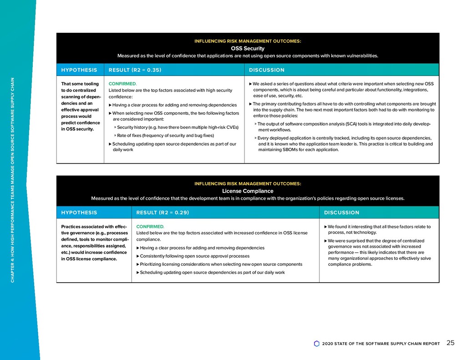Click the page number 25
coord(450,343)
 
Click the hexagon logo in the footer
coord(317,344)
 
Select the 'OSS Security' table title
coord(248,48)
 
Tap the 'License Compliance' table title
coord(248,191)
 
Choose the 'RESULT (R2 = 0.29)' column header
coord(162,213)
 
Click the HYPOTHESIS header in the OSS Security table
coord(79,70)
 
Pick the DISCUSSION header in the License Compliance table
coord(341,213)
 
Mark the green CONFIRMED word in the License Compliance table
coord(150,226)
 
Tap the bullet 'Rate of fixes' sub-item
coord(164,136)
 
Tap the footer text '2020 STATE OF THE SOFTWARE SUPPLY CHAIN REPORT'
coord(380,344)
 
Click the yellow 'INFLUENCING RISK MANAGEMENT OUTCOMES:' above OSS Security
coord(248,41)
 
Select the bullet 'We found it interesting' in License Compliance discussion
coord(379,229)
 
